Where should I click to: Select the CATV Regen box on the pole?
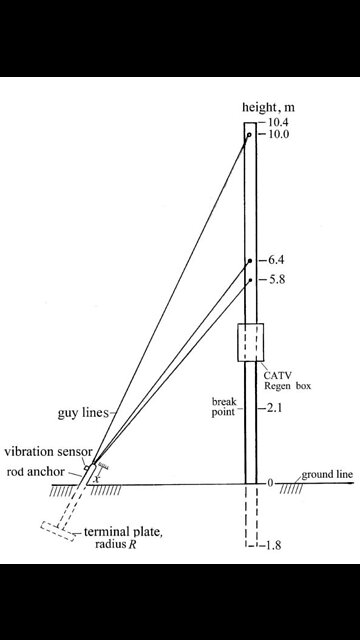(250, 343)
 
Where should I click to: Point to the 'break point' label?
(223, 406)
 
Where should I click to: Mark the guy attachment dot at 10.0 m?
(249, 135)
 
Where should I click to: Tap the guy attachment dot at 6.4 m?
(250, 261)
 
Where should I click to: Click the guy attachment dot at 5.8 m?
(250, 281)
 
